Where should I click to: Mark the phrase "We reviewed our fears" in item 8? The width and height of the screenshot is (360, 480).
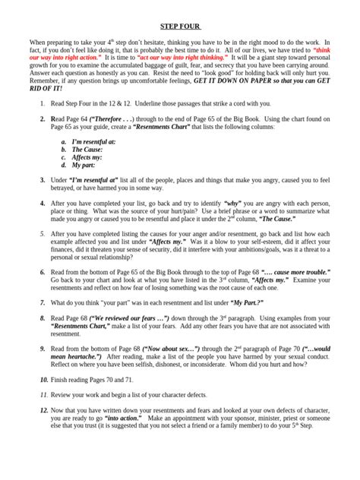tap(114, 318)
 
